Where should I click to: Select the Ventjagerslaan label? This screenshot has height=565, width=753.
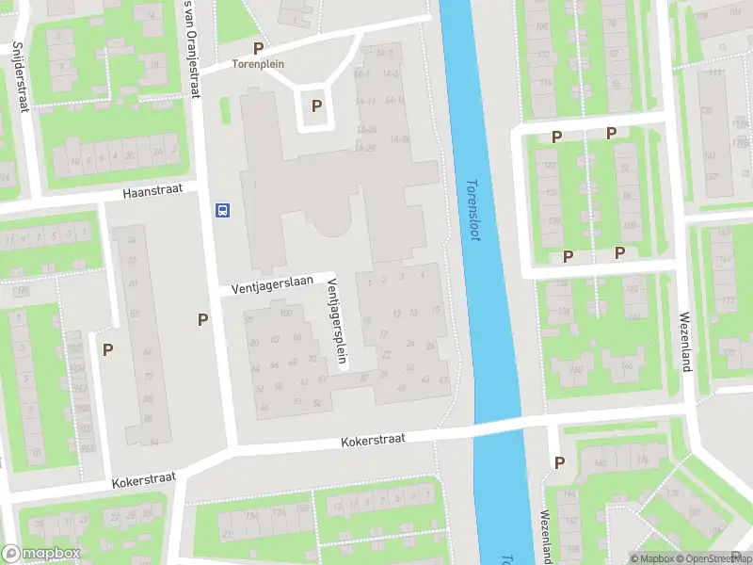click(273, 283)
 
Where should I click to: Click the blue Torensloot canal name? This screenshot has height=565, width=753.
click(473, 209)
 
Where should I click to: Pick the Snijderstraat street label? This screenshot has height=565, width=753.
click(20, 76)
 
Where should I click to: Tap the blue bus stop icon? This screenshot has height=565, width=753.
click(223, 209)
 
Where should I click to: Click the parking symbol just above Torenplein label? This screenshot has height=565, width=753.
click(258, 48)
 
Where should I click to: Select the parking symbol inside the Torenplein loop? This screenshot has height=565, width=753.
click(317, 106)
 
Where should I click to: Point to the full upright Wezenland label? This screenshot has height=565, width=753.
click(685, 341)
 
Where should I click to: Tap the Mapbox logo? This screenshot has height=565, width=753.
click(40, 554)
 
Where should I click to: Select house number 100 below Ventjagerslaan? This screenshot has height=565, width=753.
click(286, 313)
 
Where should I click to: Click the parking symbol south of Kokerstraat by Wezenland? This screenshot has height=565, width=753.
click(560, 462)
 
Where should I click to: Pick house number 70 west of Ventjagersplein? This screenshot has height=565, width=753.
click(312, 359)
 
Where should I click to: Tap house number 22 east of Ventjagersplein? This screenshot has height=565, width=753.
click(387, 354)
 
